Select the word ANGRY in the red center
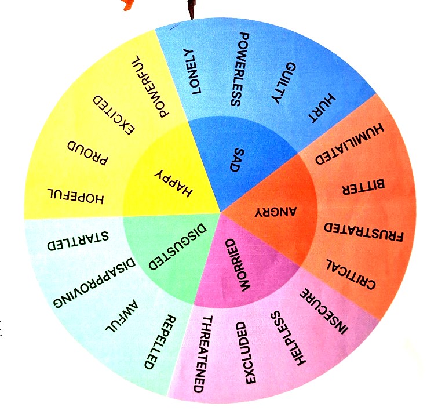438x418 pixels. [276, 212]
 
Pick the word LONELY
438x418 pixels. [192, 71]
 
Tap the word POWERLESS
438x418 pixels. [240, 70]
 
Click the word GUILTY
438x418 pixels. [283, 83]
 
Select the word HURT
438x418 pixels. [322, 108]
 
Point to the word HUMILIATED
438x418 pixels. [349, 143]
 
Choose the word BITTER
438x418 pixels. [363, 187]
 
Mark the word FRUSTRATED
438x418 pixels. [364, 232]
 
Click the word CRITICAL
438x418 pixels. [351, 274]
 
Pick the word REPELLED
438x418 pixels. [160, 342]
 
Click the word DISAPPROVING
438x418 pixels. [94, 282]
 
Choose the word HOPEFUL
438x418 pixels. [75, 196]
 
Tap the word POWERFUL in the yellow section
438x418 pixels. [150, 86]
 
